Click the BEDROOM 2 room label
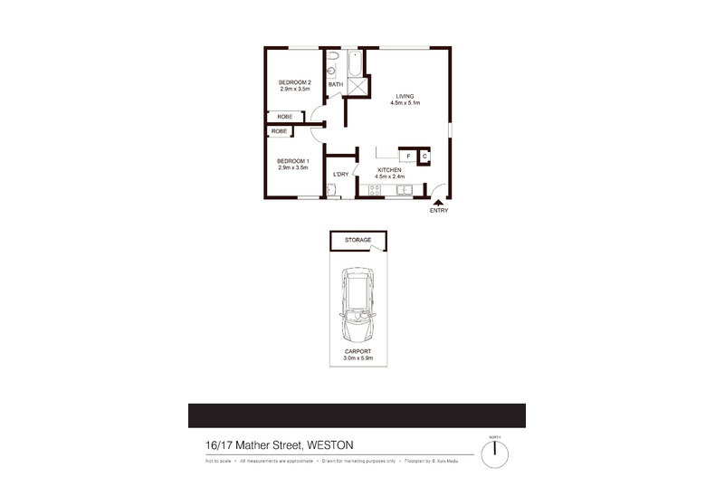point(294,82)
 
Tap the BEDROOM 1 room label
point(293,161)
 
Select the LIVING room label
point(405,97)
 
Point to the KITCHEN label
point(389,170)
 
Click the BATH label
point(335,84)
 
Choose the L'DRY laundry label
point(340,174)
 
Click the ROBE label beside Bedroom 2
point(284,118)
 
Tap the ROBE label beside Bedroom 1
point(279,131)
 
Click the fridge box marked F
point(408,157)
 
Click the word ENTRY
point(438,211)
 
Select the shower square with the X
point(358,85)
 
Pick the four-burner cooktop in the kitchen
point(374,190)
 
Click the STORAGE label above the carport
point(357,240)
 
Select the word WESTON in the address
point(331,444)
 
